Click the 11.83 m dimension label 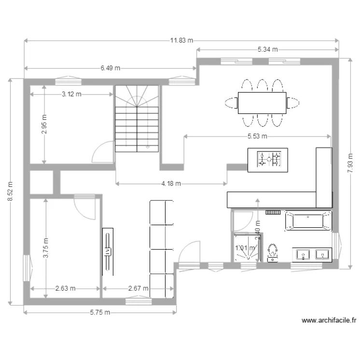[181, 41]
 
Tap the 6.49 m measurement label [111, 69]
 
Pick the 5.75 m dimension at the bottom [100, 312]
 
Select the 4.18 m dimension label [171, 183]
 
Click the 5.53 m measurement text [257, 136]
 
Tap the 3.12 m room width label [71, 95]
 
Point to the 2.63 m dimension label [65, 289]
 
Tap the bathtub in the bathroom [308, 221]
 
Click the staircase [137, 119]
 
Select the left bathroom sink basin [303, 254]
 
